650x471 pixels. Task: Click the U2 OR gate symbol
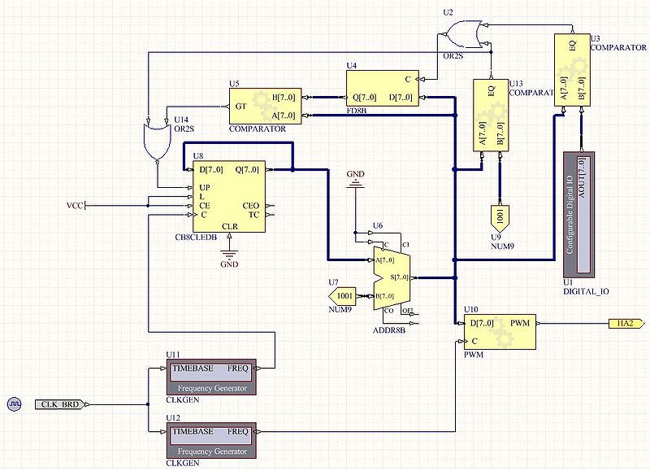pyautogui.click(x=461, y=35)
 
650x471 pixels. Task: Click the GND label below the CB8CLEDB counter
pyautogui.click(x=230, y=264)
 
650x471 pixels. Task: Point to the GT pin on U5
pyautogui.click(x=240, y=107)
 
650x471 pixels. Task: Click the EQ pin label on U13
pyautogui.click(x=491, y=91)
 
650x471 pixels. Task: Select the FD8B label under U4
pyautogui.click(x=356, y=111)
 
